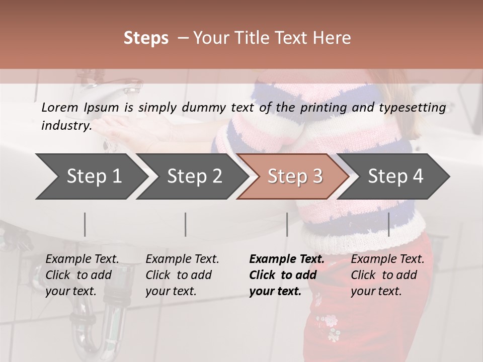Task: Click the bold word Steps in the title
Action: click(146, 38)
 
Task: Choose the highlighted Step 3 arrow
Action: click(295, 176)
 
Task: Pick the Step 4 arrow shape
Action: click(395, 176)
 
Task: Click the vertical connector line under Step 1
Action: click(85, 224)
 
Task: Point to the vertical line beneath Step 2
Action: click(186, 224)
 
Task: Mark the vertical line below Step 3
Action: click(287, 224)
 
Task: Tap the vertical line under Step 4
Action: click(389, 224)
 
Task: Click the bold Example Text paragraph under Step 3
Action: click(287, 275)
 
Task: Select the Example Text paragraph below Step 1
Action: click(82, 275)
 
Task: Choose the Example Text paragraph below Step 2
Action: click(182, 275)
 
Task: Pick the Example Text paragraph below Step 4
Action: click(387, 275)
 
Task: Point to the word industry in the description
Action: click(65, 126)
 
